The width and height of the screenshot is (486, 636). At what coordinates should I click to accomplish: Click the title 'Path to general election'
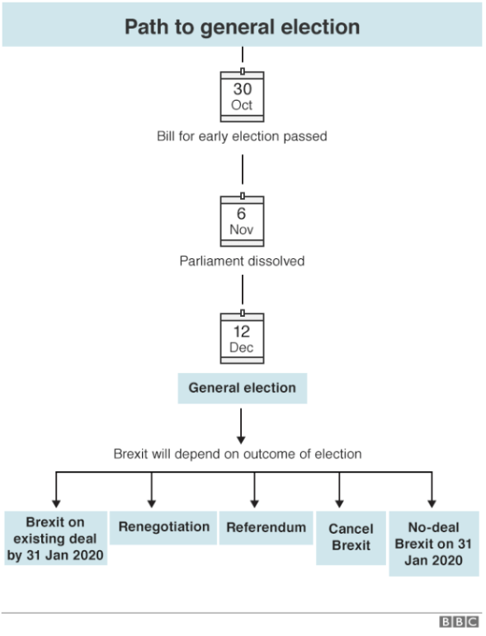[x=243, y=27]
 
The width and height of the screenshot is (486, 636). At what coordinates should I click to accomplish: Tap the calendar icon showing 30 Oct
[x=243, y=95]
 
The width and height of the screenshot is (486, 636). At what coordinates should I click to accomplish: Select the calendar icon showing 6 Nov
[x=243, y=219]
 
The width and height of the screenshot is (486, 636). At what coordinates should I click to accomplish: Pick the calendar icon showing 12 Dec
[x=243, y=337]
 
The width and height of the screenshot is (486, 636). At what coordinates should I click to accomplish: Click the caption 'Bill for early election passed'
[x=243, y=136]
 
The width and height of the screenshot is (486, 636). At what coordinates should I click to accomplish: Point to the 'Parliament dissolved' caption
[x=243, y=261]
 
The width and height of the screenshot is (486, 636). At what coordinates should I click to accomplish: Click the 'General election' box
[x=243, y=389]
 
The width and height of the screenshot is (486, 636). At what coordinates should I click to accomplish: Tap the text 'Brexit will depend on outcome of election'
[x=238, y=454]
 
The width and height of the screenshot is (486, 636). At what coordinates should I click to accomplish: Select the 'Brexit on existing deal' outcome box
[x=55, y=538]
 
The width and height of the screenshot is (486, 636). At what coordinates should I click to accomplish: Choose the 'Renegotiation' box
[x=163, y=527]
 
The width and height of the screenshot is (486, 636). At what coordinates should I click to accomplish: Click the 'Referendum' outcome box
[x=267, y=527]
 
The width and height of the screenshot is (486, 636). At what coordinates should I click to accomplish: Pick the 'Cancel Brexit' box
[x=351, y=538]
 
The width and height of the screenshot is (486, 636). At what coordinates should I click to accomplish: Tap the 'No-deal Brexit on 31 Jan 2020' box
[x=434, y=544]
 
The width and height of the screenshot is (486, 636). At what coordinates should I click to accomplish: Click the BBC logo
[x=460, y=622]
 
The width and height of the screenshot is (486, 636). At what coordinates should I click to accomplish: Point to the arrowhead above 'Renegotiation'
[x=152, y=504]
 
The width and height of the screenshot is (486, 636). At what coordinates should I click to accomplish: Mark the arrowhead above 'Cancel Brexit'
[x=340, y=504]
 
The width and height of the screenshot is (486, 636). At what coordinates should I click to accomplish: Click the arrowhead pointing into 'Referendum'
[x=254, y=504]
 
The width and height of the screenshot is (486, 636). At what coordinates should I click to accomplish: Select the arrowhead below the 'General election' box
[x=241, y=440]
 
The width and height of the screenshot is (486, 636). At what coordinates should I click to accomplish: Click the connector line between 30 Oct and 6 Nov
[x=243, y=169]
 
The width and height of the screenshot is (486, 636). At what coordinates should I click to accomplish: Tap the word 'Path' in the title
[x=147, y=27]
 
